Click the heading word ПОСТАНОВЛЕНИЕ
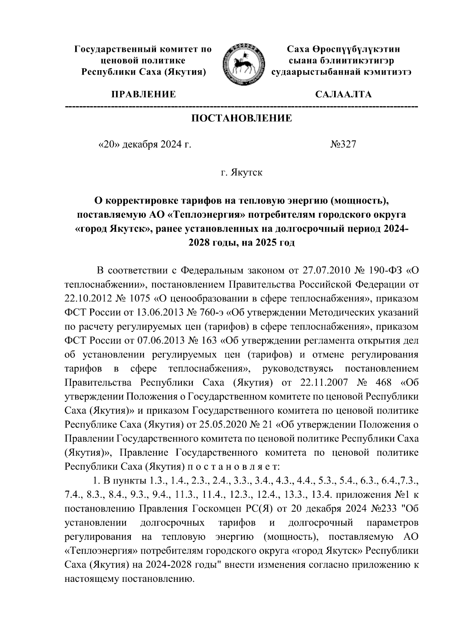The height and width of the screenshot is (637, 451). click(242, 119)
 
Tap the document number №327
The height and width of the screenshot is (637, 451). click(342, 145)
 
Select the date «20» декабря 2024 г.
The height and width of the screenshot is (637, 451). click(144, 145)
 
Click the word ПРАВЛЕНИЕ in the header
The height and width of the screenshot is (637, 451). click(143, 94)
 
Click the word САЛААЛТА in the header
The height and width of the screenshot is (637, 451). click(343, 94)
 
